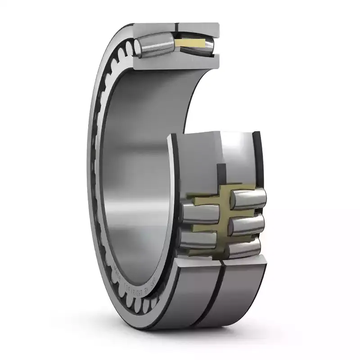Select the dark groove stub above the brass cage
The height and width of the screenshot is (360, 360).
221,173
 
